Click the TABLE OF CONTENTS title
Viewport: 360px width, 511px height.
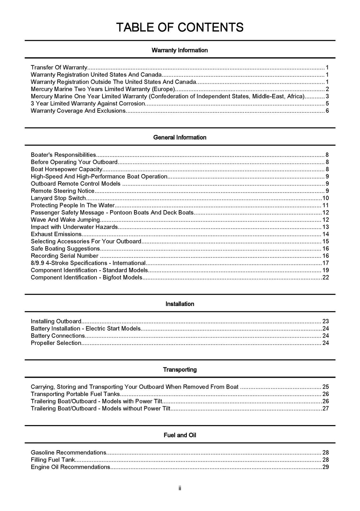pyautogui.click(x=180, y=27)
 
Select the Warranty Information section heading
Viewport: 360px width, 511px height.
pyautogui.click(x=180, y=50)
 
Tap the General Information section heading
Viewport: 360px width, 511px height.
pyautogui.click(x=180, y=137)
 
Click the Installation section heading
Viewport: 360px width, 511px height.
pyautogui.click(x=180, y=304)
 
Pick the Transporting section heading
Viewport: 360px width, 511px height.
pyautogui.click(x=180, y=370)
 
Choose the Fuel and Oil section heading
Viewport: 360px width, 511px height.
pyautogui.click(x=180, y=435)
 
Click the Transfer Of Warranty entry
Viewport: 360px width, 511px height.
pyautogui.click(x=59, y=67)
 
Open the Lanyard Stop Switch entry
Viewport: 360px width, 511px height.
pyautogui.click(x=58, y=198)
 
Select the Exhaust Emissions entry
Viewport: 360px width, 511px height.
pyautogui.click(x=56, y=234)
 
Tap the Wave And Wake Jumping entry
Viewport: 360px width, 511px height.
pyautogui.click(x=65, y=220)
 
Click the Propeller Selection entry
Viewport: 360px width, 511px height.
pyautogui.click(x=56, y=343)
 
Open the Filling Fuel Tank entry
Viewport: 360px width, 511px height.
pyautogui.click(x=53, y=460)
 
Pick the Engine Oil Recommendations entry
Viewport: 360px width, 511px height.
pyautogui.click(x=71, y=467)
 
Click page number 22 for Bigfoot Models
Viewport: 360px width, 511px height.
pyautogui.click(x=326, y=278)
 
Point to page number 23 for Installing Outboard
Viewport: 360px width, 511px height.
pyautogui.click(x=326, y=321)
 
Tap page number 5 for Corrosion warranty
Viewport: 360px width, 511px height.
pyautogui.click(x=327, y=103)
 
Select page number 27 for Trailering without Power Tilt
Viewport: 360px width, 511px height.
pyautogui.click(x=326, y=408)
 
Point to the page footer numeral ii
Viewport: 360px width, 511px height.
pyautogui.click(x=180, y=488)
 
